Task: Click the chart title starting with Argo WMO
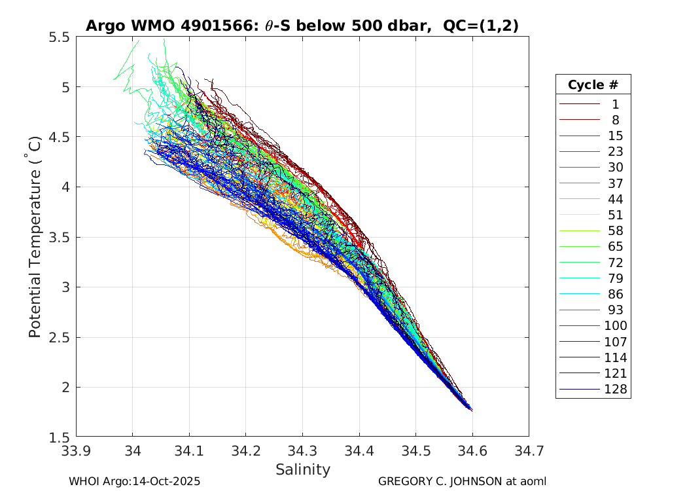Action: (x=302, y=26)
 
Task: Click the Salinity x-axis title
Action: (x=302, y=469)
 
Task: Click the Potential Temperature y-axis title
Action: (x=35, y=237)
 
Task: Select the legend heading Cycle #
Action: (x=593, y=84)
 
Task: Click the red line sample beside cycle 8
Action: (x=579, y=120)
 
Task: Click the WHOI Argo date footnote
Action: (x=134, y=481)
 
